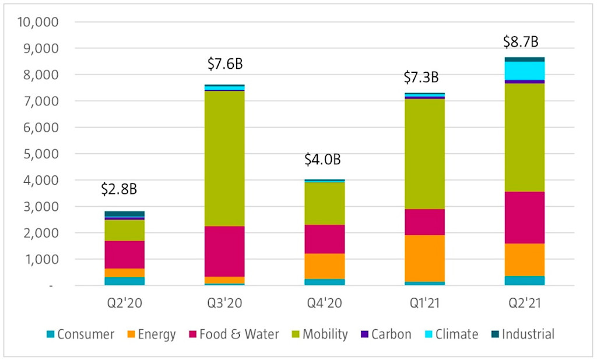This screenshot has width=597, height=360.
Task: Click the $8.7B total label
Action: pyautogui.click(x=521, y=42)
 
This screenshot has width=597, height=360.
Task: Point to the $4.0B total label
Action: pyautogui.click(x=322, y=158)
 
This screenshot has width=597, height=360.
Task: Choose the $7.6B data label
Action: pyautogui.click(x=225, y=64)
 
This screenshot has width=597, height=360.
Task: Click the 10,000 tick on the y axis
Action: pyautogui.click(x=40, y=22)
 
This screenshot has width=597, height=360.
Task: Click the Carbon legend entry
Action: pyautogui.click(x=389, y=334)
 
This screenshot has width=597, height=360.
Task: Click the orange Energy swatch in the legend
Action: pyautogui.click(x=131, y=335)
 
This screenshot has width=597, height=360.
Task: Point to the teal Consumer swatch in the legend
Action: pyautogui.click(x=50, y=335)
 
